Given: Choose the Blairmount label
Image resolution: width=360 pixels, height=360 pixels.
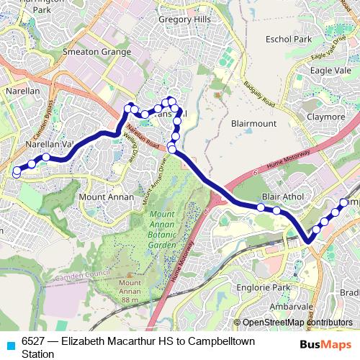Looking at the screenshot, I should pos(253,123).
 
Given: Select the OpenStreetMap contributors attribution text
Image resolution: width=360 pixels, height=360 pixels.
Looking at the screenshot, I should pos(297,323).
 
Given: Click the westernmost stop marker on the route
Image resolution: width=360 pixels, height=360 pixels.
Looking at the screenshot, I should pos(16,172).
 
